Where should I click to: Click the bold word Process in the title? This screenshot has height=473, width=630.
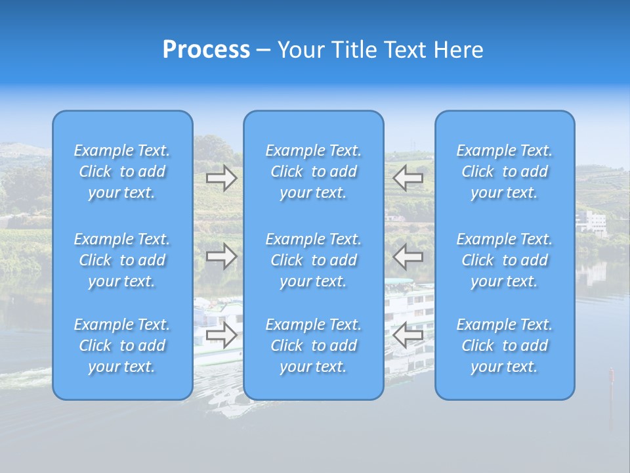pyautogui.click(x=206, y=50)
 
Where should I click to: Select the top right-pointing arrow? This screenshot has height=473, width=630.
pyautogui.click(x=222, y=178)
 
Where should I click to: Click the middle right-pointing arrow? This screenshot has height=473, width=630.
pyautogui.click(x=222, y=256)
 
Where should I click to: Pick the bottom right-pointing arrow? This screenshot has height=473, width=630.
pyautogui.click(x=222, y=335)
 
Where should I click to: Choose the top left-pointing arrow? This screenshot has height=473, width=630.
pyautogui.click(x=408, y=177)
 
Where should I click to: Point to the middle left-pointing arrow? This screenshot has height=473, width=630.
pyautogui.click(x=408, y=256)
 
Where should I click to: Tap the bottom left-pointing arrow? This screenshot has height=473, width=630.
pyautogui.click(x=408, y=335)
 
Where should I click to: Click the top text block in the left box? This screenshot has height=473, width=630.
pyautogui.click(x=122, y=171)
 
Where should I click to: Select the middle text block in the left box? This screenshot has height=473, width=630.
pyautogui.click(x=122, y=260)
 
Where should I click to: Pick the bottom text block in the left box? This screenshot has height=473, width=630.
pyautogui.click(x=122, y=346)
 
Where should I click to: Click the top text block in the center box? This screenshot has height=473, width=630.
pyautogui.click(x=313, y=171)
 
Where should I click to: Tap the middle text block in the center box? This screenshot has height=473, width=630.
pyautogui.click(x=313, y=260)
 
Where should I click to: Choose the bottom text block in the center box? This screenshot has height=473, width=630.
pyautogui.click(x=313, y=346)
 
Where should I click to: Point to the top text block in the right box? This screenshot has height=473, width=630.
pyautogui.click(x=504, y=171)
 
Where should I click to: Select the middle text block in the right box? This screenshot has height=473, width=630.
pyautogui.click(x=504, y=260)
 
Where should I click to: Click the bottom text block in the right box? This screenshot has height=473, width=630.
pyautogui.click(x=504, y=346)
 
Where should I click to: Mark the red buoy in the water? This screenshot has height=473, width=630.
pyautogui.click(x=611, y=376)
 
